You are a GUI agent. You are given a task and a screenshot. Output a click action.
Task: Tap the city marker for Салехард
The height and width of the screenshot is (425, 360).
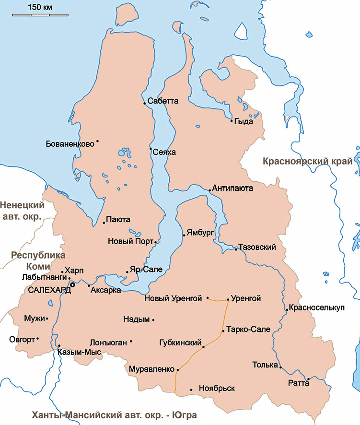[x=72, y=284]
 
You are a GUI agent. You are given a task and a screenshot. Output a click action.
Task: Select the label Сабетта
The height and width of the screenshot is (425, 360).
[x=163, y=101]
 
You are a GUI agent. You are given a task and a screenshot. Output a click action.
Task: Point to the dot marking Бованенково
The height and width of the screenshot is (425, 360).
[x=97, y=141]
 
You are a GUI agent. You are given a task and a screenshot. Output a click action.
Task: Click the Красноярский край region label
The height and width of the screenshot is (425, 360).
[x=307, y=162]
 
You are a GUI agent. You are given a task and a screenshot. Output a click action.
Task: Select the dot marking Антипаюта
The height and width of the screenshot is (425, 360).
[x=209, y=190]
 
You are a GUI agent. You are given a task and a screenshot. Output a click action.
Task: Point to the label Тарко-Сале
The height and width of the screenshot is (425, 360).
[x=249, y=329]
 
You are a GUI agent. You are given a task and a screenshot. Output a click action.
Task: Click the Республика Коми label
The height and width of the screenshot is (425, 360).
[x=38, y=260]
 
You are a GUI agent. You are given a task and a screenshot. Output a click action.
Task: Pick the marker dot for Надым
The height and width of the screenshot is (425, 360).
[x=153, y=319]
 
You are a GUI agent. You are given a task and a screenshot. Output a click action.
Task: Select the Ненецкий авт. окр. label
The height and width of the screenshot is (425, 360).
[x=22, y=211]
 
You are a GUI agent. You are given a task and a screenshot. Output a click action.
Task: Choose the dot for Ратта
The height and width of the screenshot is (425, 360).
[x=308, y=379]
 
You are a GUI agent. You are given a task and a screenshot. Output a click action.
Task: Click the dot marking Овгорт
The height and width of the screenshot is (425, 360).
[x=37, y=339]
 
